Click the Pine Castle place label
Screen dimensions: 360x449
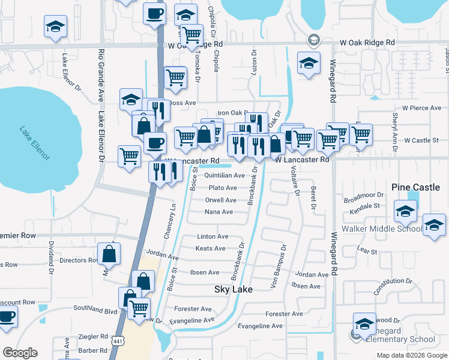415,188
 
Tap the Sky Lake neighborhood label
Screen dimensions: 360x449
233,289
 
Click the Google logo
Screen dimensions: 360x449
20,353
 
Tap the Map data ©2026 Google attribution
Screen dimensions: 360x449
412,356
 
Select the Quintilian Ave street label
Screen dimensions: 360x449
224,176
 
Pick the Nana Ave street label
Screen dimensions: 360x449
218,212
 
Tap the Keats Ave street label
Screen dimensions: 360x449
211,248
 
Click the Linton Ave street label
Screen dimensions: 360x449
212,237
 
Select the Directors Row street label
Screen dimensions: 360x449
80,260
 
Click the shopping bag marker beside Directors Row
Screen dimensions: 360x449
109,253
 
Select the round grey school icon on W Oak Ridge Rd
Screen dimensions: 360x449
313,40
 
